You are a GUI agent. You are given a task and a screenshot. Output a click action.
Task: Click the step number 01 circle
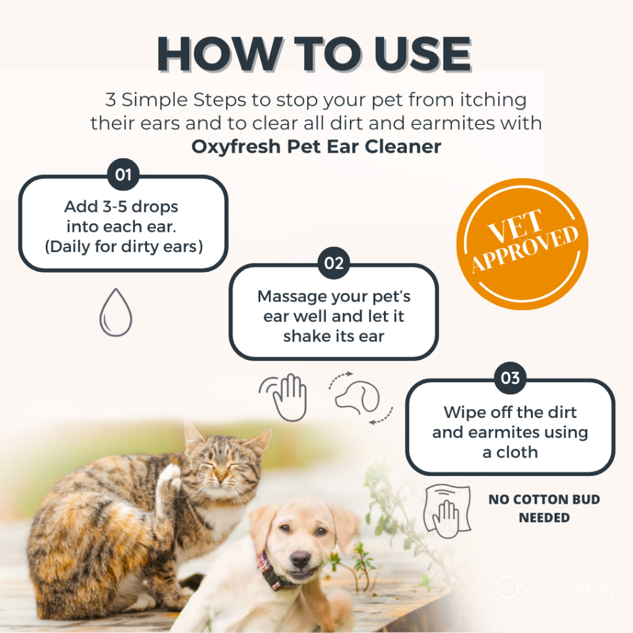point(123,174)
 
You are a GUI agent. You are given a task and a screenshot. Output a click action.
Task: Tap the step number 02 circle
point(333,263)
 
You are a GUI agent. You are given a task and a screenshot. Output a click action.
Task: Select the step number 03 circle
point(510,378)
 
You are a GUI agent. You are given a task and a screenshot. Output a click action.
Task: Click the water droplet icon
point(116,312)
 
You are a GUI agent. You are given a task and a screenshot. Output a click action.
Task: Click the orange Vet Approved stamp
point(522,244)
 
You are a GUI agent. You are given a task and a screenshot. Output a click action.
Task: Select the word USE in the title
point(423,54)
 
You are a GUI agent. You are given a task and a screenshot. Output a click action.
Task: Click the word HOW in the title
point(220,54)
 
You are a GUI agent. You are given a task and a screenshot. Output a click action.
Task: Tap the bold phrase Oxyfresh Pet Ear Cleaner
point(316,146)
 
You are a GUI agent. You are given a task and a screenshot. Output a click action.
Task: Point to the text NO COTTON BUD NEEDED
point(544,508)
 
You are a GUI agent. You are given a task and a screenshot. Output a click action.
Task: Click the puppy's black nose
point(301,560)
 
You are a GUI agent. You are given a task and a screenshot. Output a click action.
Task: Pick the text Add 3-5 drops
point(121,206)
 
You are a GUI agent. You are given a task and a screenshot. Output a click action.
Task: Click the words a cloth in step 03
point(510,452)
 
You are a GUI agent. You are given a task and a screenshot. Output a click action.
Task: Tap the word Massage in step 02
point(292,297)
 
